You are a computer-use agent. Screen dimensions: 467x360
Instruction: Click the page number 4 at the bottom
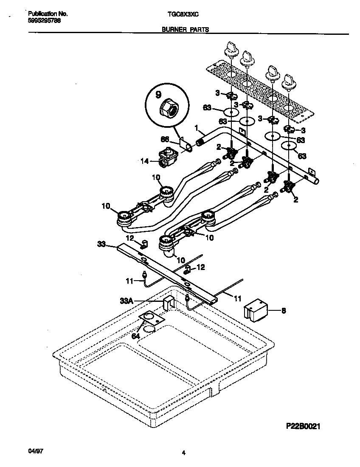(183, 453)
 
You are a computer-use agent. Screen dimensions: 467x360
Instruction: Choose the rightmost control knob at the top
(290, 81)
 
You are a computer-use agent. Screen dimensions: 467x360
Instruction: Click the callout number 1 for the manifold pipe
(196, 127)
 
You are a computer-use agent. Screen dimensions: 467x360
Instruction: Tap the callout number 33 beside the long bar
(101, 244)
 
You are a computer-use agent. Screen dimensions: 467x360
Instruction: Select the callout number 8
(283, 311)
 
